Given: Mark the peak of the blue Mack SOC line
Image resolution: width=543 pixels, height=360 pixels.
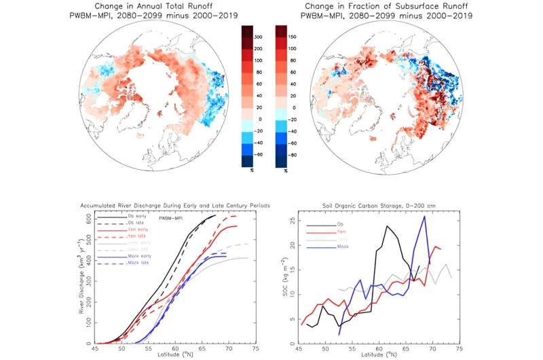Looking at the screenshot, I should click(425, 217).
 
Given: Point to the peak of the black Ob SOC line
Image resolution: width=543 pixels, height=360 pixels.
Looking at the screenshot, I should click(387, 226).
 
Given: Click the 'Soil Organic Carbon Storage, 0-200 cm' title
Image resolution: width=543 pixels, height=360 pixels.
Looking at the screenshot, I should click(390, 204).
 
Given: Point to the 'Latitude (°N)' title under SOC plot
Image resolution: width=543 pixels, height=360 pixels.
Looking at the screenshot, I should click(390, 356).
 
